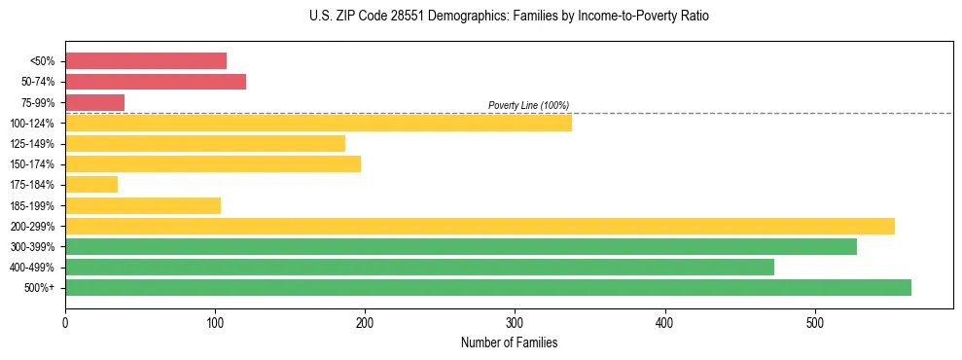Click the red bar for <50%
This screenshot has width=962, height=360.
tap(146, 61)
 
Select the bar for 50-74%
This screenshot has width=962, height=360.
tap(156, 82)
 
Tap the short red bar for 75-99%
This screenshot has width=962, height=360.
tap(94, 102)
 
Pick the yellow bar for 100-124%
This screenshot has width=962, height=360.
tap(318, 123)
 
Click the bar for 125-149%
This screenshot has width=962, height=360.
tap(205, 143)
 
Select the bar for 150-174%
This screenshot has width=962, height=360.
tap(213, 163)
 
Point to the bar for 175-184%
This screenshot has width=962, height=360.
tap(91, 184)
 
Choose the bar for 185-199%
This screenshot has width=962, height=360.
tap(143, 205)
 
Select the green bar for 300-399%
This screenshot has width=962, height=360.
tap(461, 246)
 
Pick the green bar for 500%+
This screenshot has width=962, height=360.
tap(488, 287)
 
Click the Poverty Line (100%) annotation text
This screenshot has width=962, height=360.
tap(528, 105)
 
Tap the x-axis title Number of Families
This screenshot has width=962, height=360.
tap(509, 342)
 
